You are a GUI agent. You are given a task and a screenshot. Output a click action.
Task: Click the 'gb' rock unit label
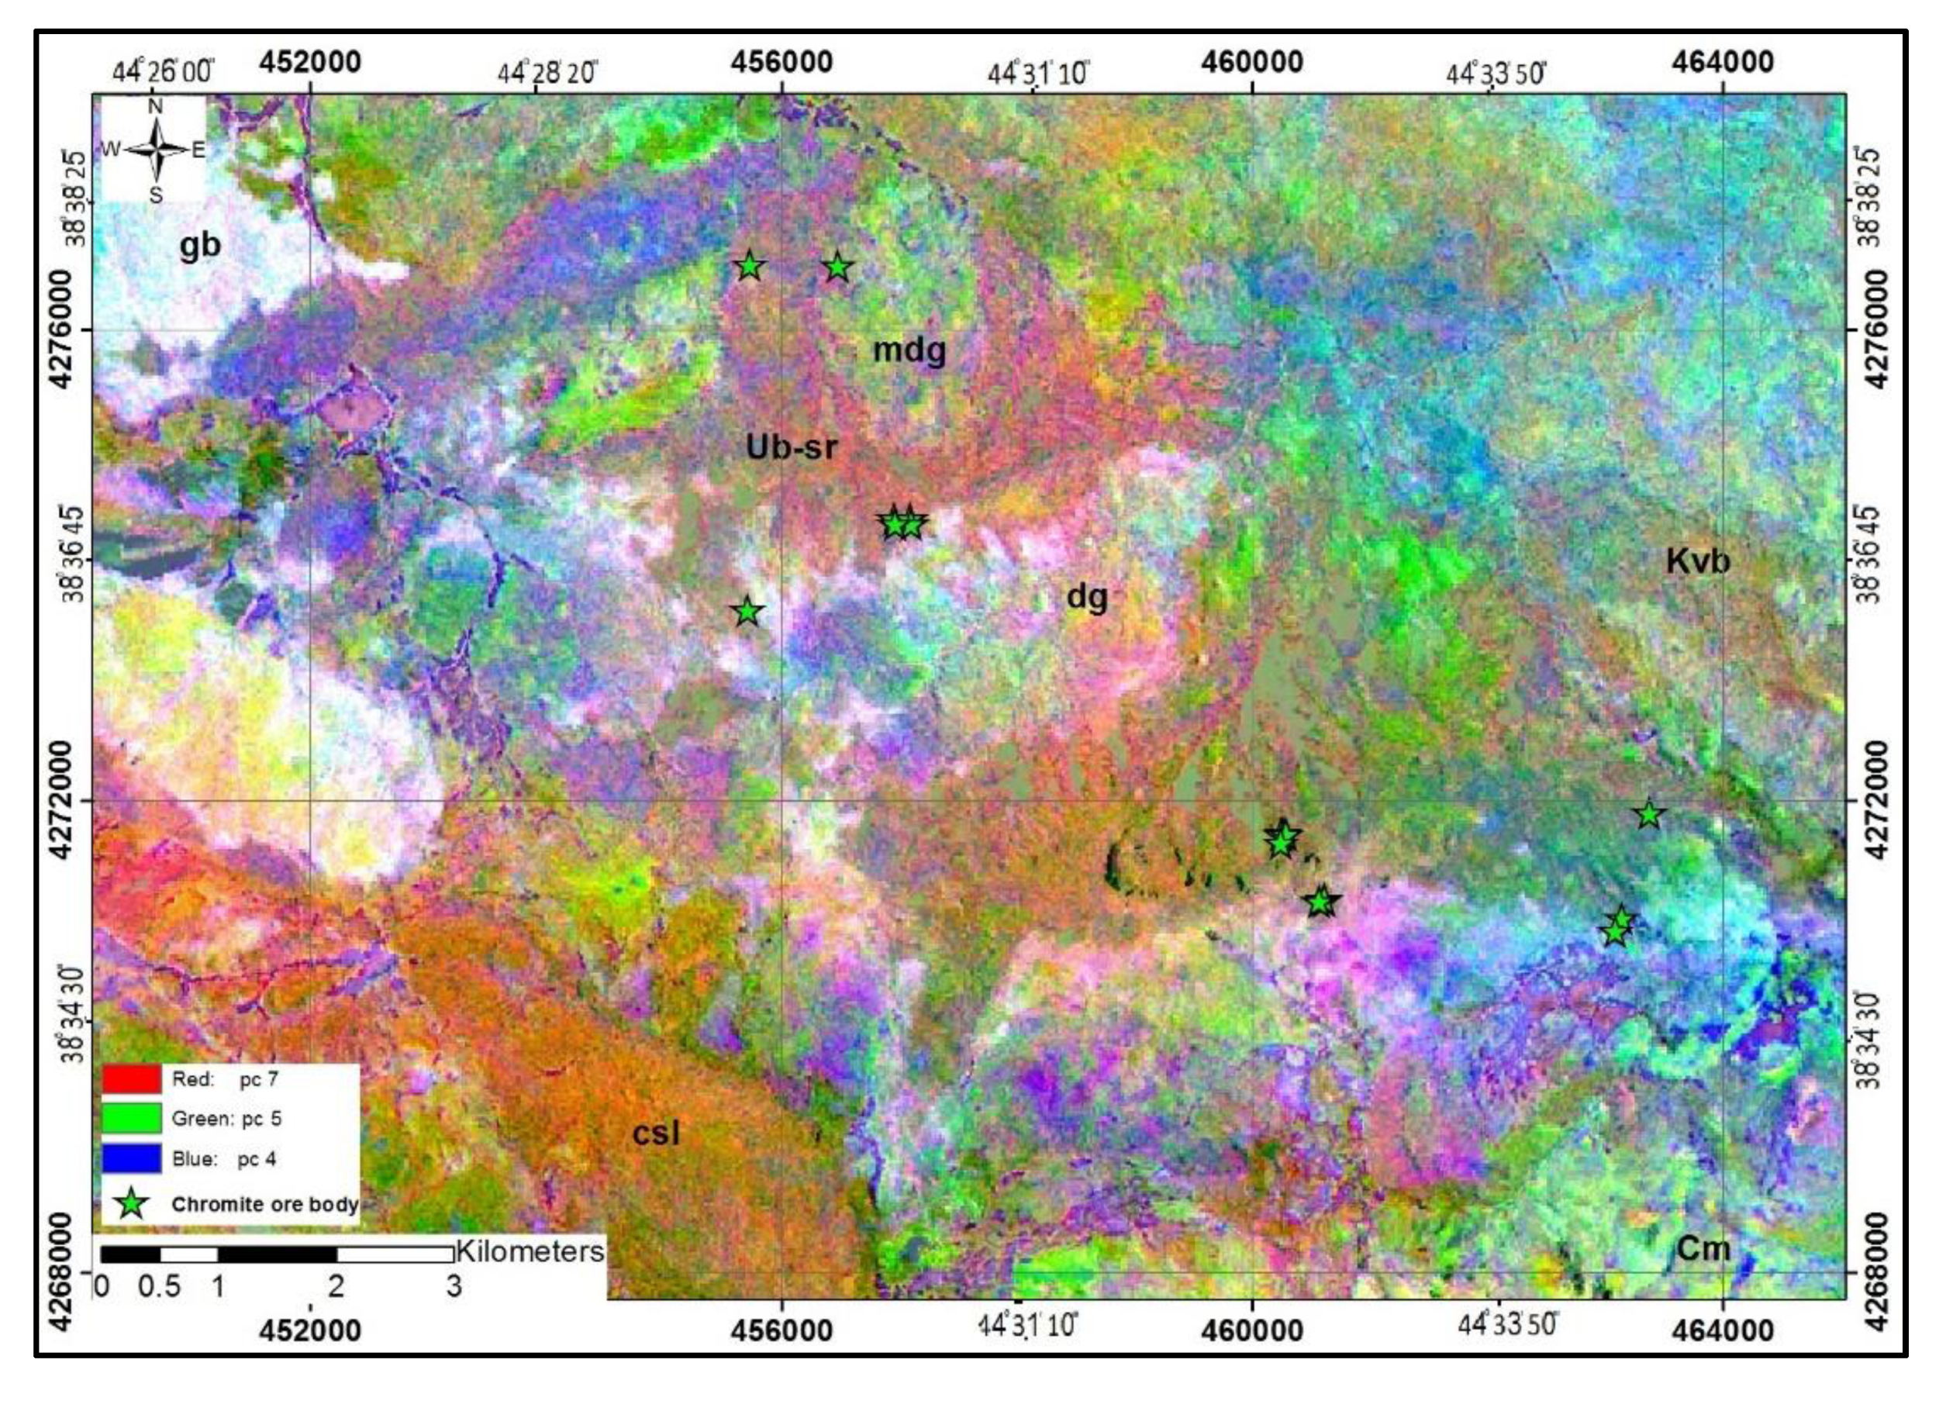pos(200,247)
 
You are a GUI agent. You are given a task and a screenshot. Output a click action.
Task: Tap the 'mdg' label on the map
pos(909,350)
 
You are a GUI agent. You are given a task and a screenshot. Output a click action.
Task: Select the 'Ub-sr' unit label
pos(790,447)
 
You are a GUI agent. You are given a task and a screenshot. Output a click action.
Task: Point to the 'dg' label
pos(1086,596)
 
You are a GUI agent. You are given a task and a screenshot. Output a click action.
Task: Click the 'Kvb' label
pos(1697,562)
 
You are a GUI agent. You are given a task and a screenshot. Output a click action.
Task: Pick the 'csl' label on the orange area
pos(656,1134)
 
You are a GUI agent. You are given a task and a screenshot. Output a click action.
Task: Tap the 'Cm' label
pos(1703,1248)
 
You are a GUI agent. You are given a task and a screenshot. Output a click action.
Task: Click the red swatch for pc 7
pos(132,1079)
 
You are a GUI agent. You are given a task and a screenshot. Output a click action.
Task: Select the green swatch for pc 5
pos(132,1119)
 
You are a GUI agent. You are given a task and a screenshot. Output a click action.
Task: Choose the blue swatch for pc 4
pos(132,1159)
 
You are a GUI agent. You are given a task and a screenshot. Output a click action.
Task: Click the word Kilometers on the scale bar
pos(530,1251)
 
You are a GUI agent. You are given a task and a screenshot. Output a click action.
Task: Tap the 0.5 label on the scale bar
pos(160,1287)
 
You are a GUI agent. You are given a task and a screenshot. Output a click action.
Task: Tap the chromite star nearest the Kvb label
pos(1649,814)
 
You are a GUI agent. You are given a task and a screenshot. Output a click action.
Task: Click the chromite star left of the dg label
pos(748,612)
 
